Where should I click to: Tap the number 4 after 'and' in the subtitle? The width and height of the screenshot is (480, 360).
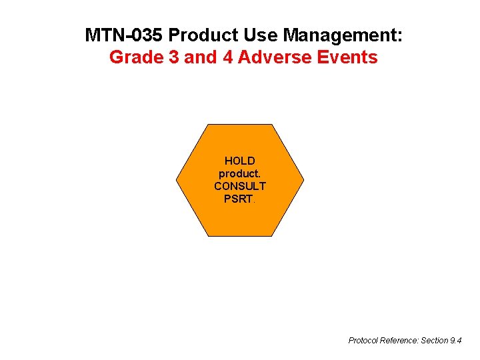[227, 57]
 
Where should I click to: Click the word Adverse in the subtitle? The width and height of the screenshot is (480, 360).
[274, 57]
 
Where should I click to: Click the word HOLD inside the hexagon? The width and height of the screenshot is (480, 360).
[240, 161]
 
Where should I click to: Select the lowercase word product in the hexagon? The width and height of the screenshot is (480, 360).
[240, 173]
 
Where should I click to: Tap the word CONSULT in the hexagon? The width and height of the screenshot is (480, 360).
[240, 186]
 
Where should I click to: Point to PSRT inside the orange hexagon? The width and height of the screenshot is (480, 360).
[239, 199]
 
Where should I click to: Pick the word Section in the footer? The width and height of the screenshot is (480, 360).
[435, 341]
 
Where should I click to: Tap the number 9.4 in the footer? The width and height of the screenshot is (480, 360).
[456, 341]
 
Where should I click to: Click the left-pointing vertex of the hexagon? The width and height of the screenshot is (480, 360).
[177, 180]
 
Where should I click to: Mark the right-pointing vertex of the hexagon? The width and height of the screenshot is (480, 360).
[304, 180]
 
